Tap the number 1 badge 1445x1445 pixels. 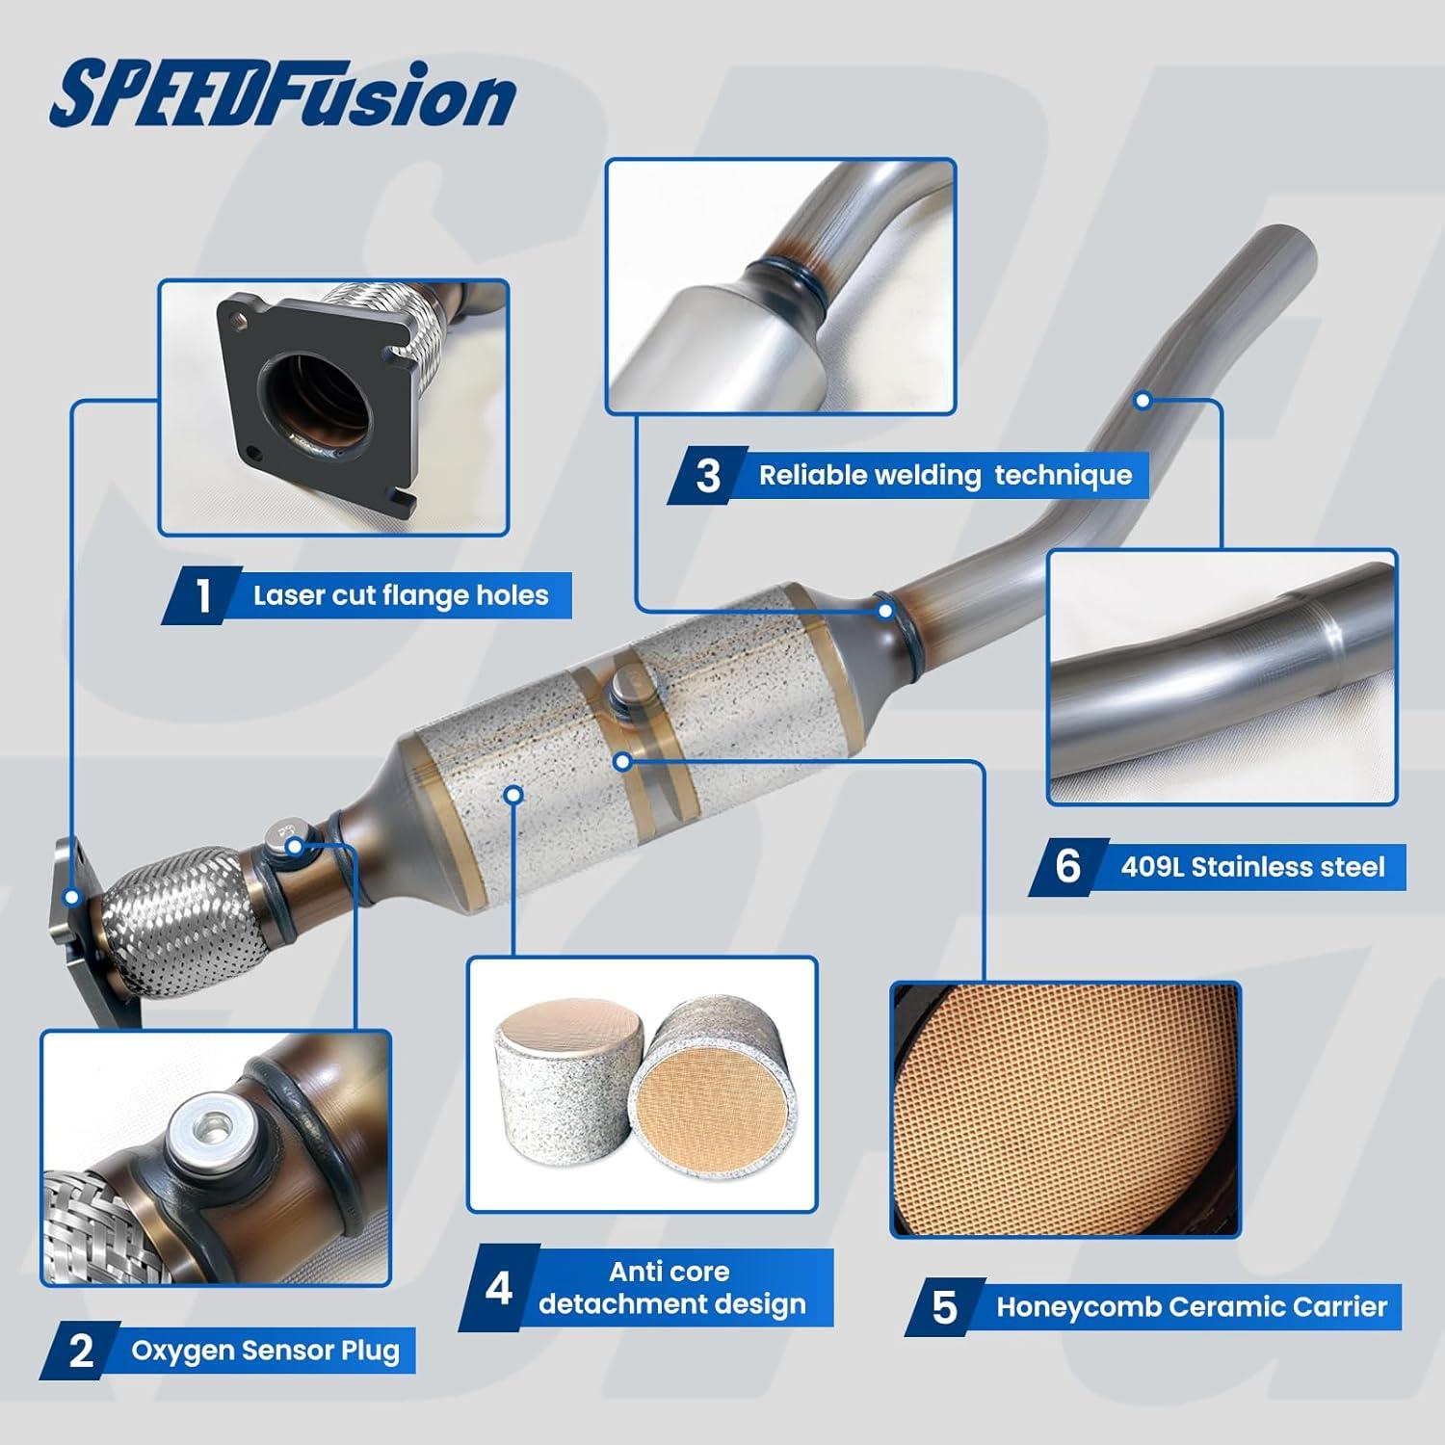point(202,596)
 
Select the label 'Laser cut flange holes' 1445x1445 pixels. point(401,595)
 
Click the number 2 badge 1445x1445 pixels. point(82,1351)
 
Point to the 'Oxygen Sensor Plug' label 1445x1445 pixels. point(265,1351)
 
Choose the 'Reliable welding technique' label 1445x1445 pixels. point(944,475)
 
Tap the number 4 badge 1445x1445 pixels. point(498,1288)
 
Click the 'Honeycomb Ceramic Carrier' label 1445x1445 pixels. point(1191,1307)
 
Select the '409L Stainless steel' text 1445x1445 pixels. point(1252,867)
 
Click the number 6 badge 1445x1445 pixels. point(1067,866)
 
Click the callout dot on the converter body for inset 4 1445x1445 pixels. point(513,794)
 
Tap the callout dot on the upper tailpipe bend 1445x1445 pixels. point(1143,399)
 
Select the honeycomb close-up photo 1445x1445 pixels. point(1065,1110)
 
